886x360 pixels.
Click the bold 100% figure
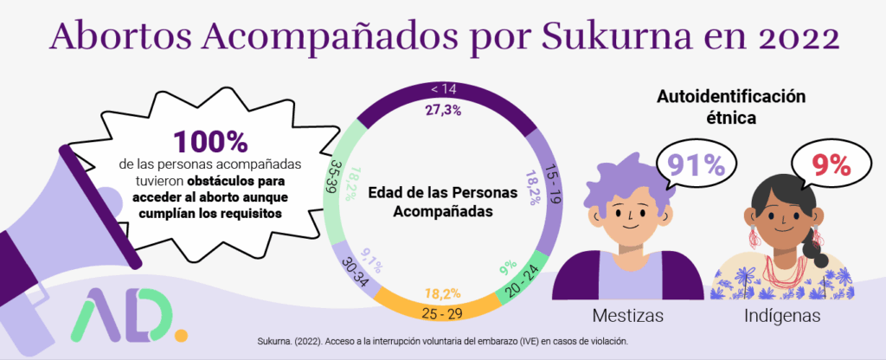[x=210, y=143]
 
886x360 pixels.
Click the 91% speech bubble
[x=690, y=165]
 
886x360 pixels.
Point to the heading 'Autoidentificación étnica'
[x=732, y=106]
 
